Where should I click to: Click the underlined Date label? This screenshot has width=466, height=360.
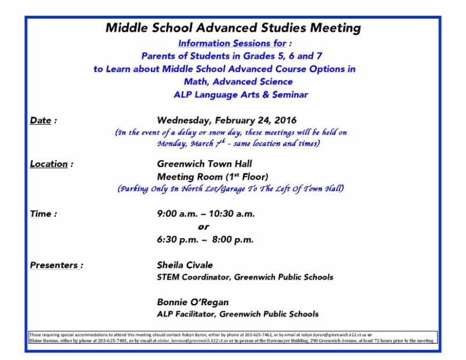coord(40,121)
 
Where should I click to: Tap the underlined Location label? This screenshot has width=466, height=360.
coord(48,164)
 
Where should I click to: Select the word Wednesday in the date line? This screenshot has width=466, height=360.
coord(184,121)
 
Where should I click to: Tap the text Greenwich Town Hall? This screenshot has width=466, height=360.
coord(204,164)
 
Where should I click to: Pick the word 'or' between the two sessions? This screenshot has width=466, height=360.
coord(203,227)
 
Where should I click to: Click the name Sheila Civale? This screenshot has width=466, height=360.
coord(185,265)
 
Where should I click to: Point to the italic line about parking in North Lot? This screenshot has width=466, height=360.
coord(231,188)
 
